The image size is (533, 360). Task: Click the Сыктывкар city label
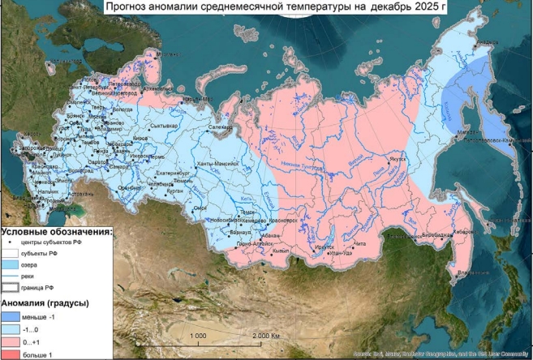[x=165, y=126]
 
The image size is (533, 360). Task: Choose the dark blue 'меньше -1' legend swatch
[x=13, y=316]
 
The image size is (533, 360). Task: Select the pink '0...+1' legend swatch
[x=13, y=342]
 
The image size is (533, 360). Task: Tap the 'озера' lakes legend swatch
[x=13, y=264]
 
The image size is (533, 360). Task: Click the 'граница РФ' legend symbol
[x=13, y=288]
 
